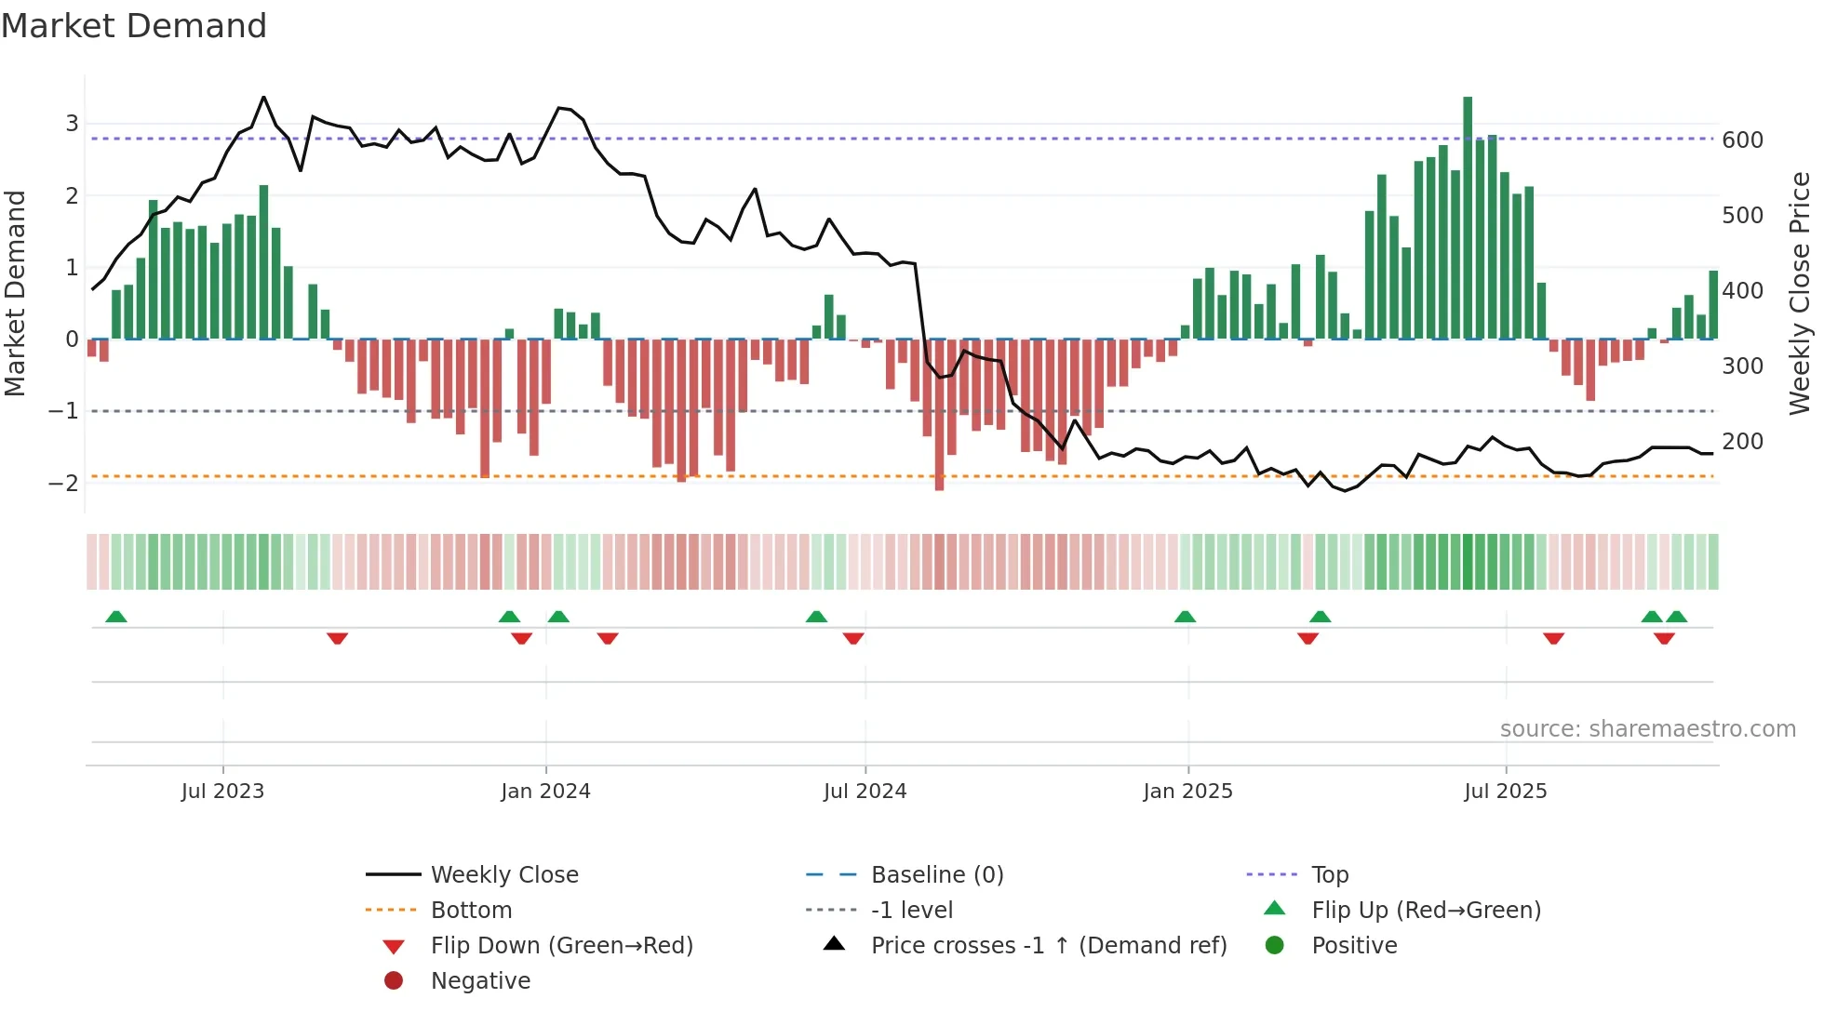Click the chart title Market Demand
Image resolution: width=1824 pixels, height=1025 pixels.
point(134,26)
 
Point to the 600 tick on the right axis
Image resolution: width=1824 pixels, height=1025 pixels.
point(1742,140)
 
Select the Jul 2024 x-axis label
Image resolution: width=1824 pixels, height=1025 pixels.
point(865,792)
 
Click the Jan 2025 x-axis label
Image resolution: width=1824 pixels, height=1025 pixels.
point(1187,792)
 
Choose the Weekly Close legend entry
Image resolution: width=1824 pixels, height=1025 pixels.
point(503,875)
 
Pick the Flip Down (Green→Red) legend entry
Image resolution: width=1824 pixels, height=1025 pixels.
point(561,946)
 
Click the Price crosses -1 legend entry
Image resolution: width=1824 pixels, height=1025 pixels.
point(1048,946)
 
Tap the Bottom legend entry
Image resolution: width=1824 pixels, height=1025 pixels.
point(471,911)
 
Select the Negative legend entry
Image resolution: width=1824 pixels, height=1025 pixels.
point(480,981)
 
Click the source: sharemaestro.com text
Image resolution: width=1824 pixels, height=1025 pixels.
point(1647,729)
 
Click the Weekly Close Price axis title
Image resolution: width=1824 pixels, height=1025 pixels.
point(1800,293)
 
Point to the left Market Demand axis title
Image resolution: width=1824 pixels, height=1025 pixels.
point(16,293)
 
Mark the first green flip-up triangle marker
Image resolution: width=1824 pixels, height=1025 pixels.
point(116,617)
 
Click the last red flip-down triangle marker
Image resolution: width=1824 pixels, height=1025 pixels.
point(1664,638)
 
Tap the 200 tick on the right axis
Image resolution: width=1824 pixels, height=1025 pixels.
point(1742,442)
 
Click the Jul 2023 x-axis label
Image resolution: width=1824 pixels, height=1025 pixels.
point(222,792)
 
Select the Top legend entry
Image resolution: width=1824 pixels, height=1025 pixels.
point(1329,875)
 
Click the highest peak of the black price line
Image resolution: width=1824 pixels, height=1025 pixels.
point(264,98)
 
